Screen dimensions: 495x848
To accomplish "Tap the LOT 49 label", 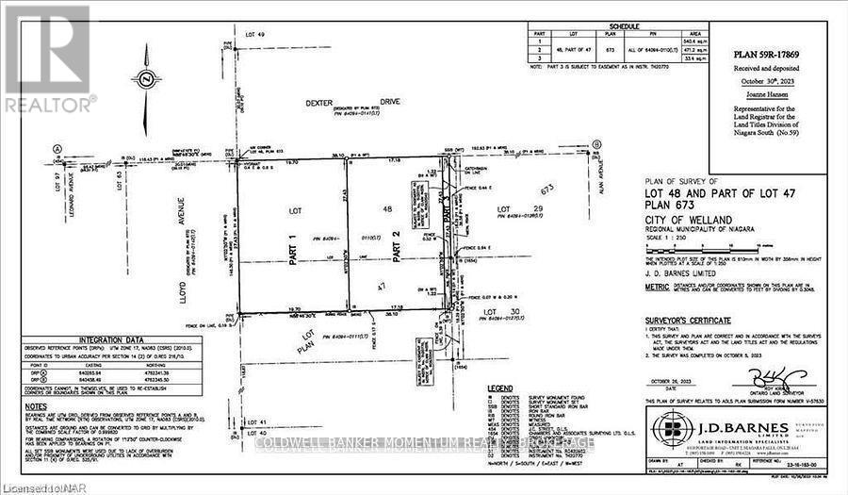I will coord(256,34).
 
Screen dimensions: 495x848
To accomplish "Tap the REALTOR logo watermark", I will coord(48,57).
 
